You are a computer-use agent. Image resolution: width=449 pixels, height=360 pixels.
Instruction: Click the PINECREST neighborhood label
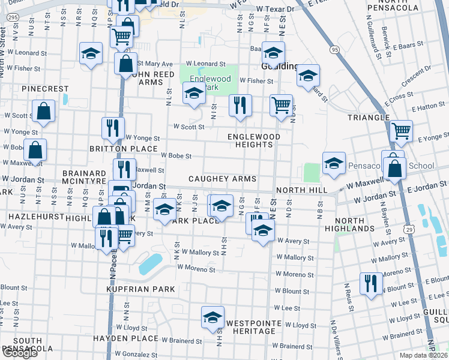[45, 89]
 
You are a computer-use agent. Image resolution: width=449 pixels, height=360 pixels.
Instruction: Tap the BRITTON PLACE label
[123, 149]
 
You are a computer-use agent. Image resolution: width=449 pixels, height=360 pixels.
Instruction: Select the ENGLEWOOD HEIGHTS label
[254, 140]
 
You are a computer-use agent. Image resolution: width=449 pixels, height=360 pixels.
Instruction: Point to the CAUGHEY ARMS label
[222, 179]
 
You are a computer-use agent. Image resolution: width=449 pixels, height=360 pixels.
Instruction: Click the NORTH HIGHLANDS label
[350, 224]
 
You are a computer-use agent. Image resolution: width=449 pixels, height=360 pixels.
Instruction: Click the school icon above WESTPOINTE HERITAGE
[212, 317]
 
